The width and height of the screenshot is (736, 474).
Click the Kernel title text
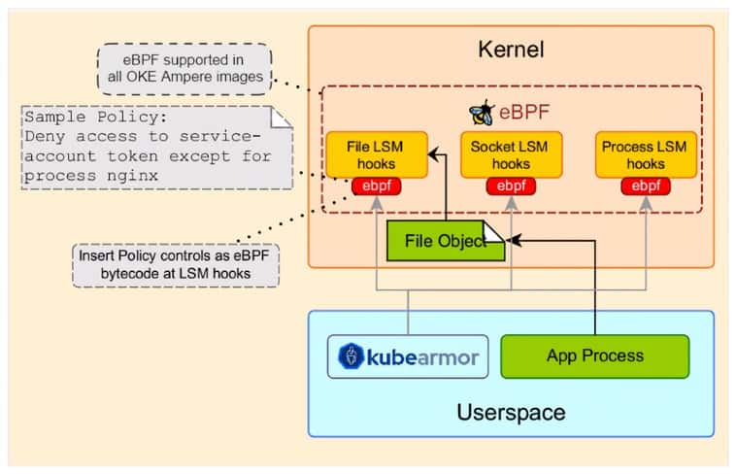[511, 49]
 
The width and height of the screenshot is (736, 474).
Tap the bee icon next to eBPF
[481, 112]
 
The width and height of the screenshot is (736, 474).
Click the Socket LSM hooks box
[510, 154]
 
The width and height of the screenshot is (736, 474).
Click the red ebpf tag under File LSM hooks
[375, 186]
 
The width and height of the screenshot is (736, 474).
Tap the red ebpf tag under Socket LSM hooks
[511, 186]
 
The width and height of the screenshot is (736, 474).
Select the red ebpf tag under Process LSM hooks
[647, 186]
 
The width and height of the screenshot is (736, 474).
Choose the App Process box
[594, 356]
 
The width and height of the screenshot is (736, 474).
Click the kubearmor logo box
[407, 357]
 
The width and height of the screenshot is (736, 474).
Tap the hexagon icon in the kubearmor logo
[350, 357]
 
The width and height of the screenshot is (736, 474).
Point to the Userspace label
[511, 412]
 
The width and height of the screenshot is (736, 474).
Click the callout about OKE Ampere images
[184, 69]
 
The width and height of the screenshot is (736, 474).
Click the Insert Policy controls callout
[175, 265]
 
